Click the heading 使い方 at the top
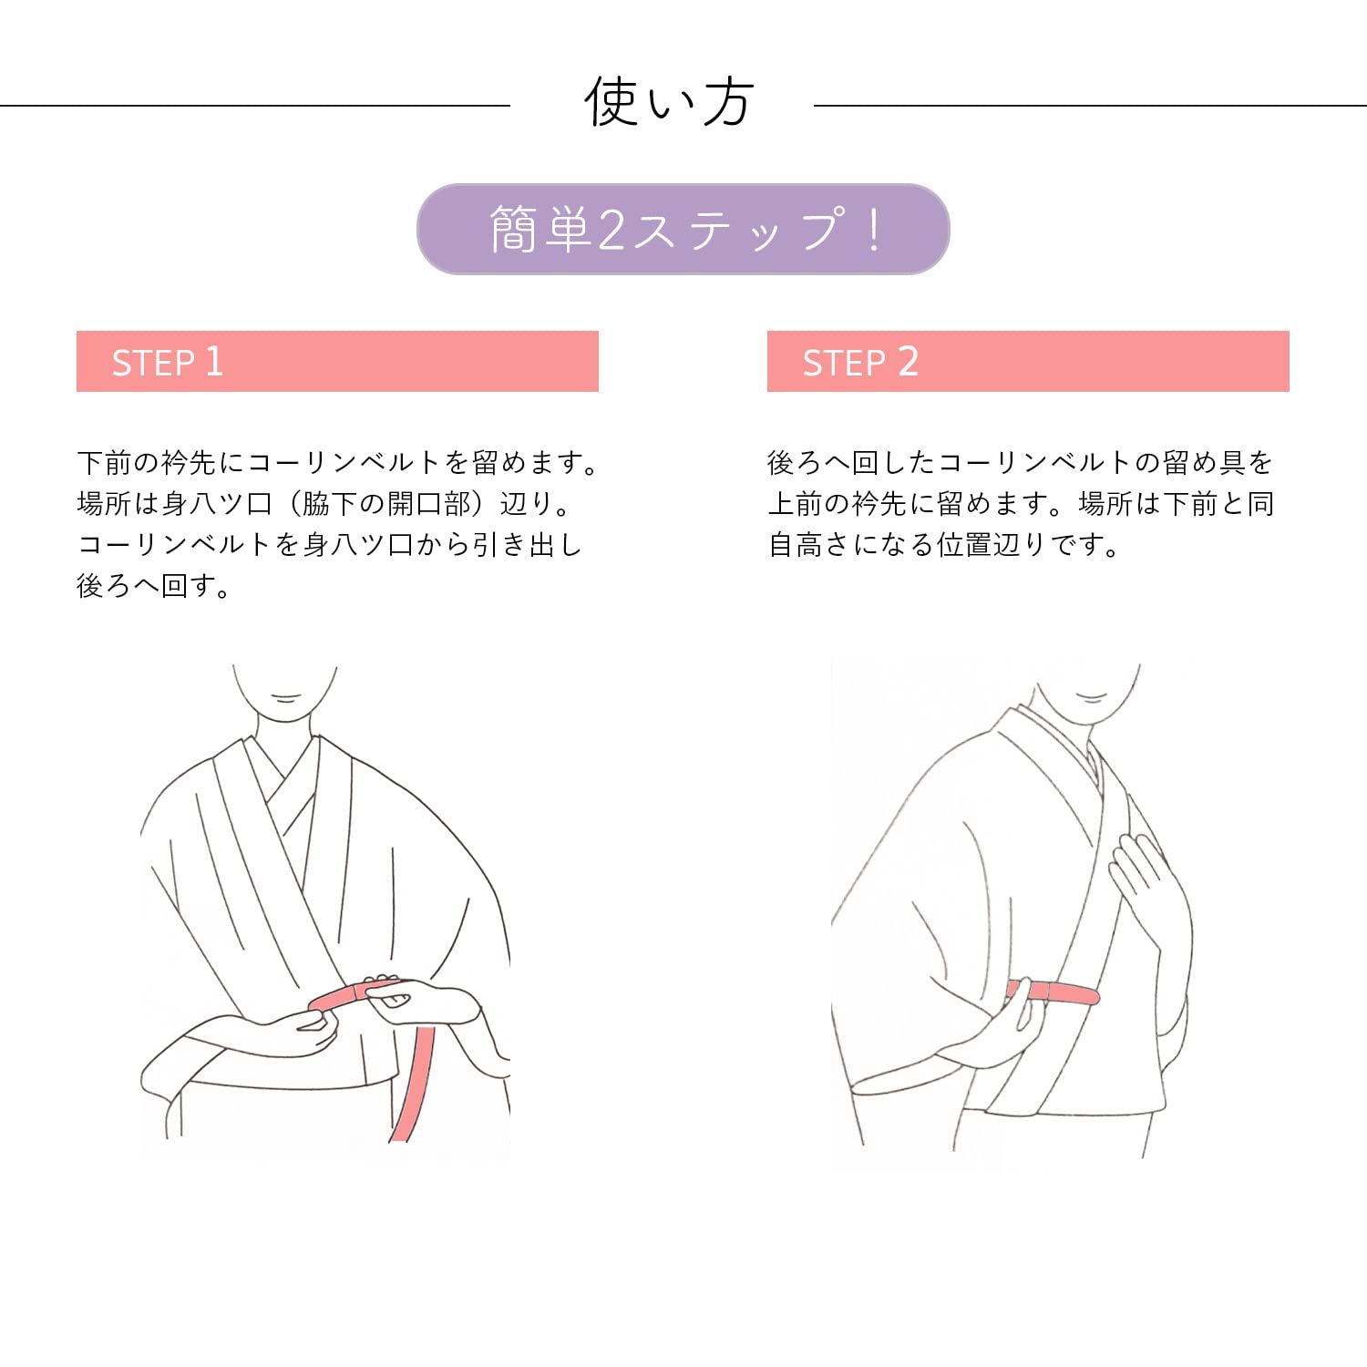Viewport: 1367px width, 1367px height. coord(669,102)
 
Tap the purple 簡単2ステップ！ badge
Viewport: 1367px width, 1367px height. coord(683,229)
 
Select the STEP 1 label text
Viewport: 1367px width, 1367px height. coord(168,362)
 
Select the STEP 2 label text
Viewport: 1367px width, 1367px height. coord(860,362)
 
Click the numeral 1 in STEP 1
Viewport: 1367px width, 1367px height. coord(214,361)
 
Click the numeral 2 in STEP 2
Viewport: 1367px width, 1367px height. coord(908,361)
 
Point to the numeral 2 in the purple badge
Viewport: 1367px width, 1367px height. coord(612,230)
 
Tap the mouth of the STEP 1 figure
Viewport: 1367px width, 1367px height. coord(286,699)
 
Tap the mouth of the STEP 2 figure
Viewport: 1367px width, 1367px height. coord(1091,697)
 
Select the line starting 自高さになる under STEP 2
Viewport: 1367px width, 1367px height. coord(943,545)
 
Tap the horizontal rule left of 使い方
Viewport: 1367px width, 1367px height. coord(255,106)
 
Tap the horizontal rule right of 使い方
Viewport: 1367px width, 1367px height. coord(1090,106)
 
